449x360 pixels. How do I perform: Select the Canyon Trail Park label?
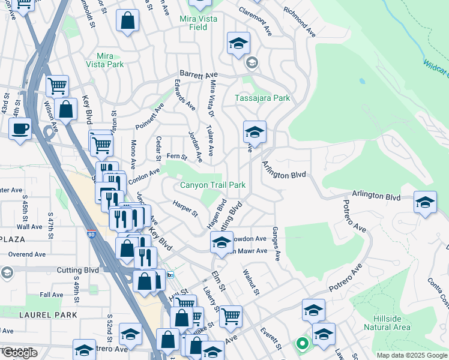213,185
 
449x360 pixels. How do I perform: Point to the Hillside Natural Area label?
387,323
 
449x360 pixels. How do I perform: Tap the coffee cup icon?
20,128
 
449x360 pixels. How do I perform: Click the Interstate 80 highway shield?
90,235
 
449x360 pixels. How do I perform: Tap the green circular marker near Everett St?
302,344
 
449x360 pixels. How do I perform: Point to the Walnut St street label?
250,281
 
